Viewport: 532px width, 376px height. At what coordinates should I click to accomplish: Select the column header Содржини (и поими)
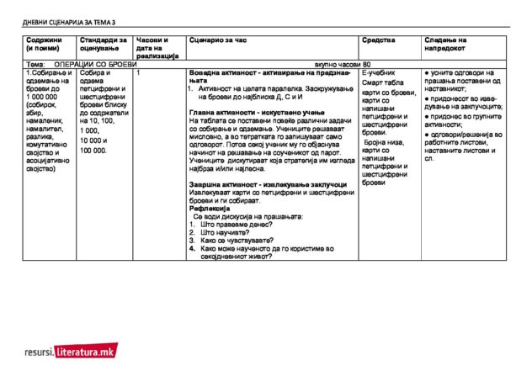[x=43, y=44]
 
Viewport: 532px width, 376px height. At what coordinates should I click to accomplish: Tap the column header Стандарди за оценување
[x=103, y=44]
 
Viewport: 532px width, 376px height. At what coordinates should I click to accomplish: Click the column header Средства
[x=378, y=40]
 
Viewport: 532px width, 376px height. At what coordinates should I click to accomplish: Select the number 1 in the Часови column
[x=137, y=73]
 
